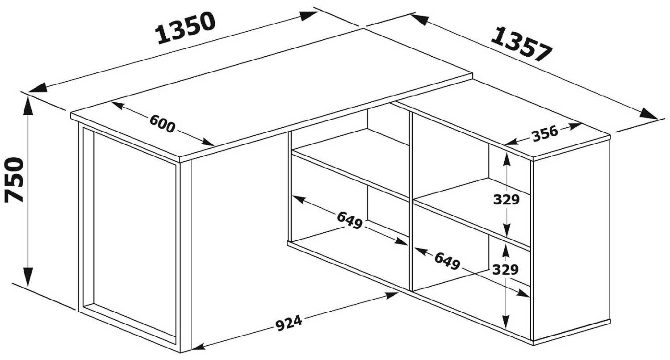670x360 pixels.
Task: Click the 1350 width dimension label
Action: pos(186,28)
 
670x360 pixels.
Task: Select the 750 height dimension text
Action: pos(14,180)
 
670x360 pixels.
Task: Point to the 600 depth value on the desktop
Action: pos(162,123)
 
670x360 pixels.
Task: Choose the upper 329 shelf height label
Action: pos(507,200)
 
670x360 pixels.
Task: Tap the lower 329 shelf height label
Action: pos(506,270)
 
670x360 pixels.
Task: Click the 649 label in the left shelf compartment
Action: pos(350,220)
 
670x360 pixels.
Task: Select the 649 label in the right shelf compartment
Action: pos(447,261)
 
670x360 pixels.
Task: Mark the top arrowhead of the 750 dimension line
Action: pos(28,106)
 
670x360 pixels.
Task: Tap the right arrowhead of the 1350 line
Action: pos(308,16)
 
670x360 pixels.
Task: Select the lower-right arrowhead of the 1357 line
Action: pos(648,114)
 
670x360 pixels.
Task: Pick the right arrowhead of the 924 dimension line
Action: pos(389,295)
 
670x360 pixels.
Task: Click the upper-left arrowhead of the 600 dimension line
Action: pos(118,105)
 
